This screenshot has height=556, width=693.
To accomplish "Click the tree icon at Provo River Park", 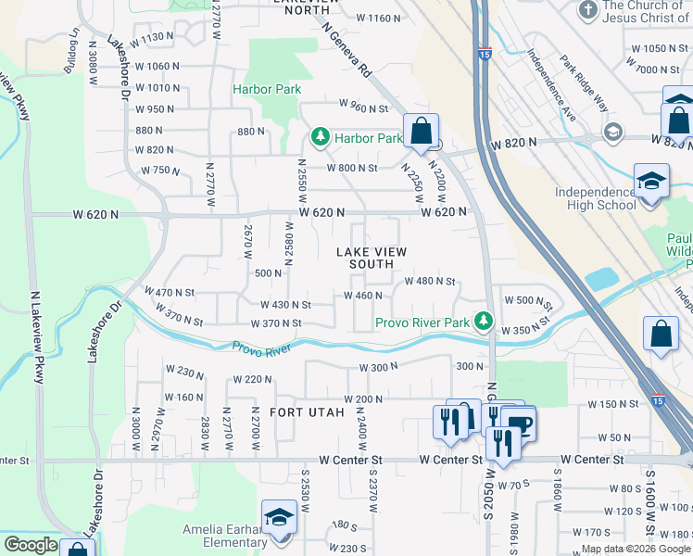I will [481, 321].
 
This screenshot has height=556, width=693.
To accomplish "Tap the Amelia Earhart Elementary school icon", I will [278, 521].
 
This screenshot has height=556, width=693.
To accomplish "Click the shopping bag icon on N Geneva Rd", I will [421, 132].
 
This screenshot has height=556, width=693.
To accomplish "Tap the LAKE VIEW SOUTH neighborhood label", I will [365, 258].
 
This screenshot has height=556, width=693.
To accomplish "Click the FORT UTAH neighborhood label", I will [307, 411].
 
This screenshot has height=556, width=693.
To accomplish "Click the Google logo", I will [31, 545].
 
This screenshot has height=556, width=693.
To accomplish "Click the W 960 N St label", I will [363, 107].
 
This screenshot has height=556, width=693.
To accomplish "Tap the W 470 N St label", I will [169, 291].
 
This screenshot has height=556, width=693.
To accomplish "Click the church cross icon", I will [586, 10].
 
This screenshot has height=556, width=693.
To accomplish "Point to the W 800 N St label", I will [352, 168].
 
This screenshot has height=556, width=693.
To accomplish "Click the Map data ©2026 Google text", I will [636, 549].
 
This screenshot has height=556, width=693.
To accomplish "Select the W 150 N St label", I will [614, 404].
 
